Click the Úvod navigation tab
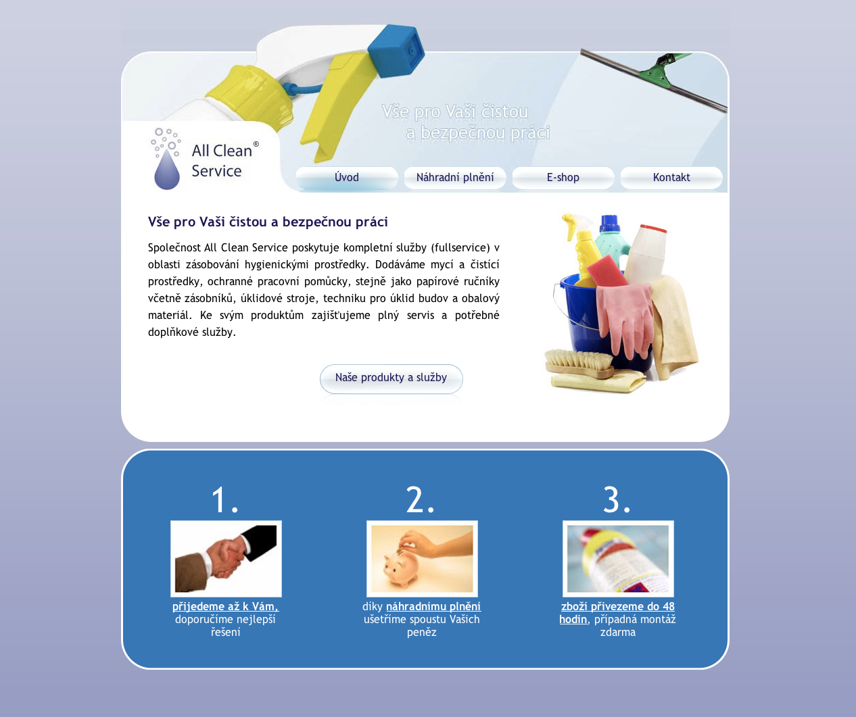[347, 178]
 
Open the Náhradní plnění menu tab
[455, 178]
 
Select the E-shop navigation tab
[563, 178]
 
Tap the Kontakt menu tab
[671, 178]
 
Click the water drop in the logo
[167, 172]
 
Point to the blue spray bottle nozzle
[396, 51]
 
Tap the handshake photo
[226, 558]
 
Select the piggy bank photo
[422, 558]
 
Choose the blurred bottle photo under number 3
[618, 558]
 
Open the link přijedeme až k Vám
[225, 606]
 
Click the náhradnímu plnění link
[433, 606]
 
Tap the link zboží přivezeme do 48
[618, 606]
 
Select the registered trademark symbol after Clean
[256, 144]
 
